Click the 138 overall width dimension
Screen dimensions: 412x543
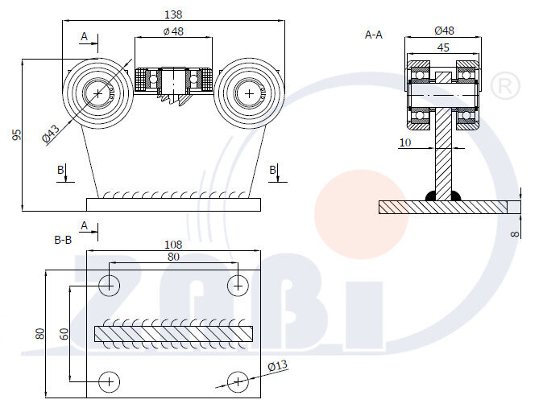173,14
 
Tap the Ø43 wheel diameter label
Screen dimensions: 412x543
51,134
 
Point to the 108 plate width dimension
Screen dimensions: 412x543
172,244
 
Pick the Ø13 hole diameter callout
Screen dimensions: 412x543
277,366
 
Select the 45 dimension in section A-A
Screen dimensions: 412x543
443,47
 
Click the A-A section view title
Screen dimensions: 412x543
374,35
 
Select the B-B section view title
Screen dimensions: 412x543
63,239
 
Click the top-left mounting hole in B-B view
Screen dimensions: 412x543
110,284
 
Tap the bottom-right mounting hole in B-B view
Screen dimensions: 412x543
237,381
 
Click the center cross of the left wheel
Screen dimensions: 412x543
98,93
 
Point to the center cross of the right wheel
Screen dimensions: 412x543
249,93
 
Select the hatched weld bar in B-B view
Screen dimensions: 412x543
173,332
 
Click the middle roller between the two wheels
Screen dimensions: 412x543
173,80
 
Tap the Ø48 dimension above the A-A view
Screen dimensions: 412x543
444,31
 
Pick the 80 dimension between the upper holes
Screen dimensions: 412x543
172,257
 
